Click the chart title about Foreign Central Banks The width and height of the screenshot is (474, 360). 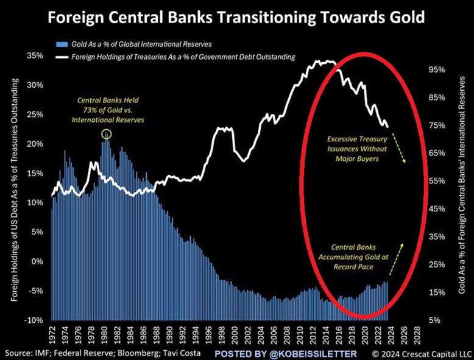point(236,17)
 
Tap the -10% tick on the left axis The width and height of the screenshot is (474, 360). point(34,320)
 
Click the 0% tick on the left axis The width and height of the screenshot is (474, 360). point(38,261)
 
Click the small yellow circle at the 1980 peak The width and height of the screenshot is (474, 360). point(107,133)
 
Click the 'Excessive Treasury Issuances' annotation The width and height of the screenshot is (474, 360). point(353,148)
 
